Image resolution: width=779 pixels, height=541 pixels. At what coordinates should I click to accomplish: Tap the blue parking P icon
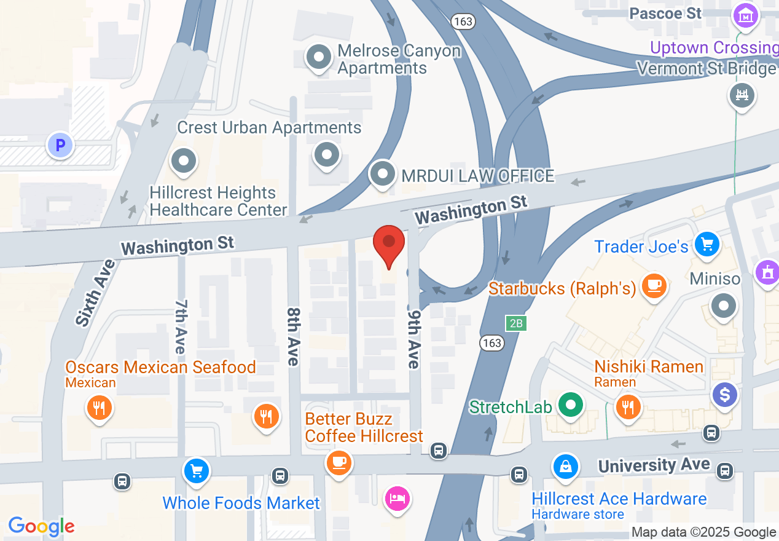pyautogui.click(x=60, y=146)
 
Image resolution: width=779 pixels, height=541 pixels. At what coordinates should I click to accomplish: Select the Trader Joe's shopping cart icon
pyautogui.click(x=707, y=245)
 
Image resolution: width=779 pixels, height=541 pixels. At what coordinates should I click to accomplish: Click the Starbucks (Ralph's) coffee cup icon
pyautogui.click(x=654, y=286)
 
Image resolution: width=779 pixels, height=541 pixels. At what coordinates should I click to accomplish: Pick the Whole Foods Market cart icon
pyautogui.click(x=197, y=472)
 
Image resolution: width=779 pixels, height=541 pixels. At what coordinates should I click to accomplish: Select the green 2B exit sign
pyautogui.click(x=517, y=323)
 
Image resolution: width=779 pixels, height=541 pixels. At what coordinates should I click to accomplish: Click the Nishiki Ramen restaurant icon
pyautogui.click(x=627, y=406)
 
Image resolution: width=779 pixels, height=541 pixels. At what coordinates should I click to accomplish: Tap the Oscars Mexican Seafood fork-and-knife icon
pyautogui.click(x=99, y=407)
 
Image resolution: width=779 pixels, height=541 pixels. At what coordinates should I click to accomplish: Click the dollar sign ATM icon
pyautogui.click(x=725, y=394)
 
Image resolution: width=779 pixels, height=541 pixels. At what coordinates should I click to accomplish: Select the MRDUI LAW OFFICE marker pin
pyautogui.click(x=383, y=174)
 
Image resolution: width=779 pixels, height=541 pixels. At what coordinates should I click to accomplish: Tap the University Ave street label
pyautogui.click(x=654, y=465)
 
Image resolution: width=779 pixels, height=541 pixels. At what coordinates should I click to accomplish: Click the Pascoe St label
pyautogui.click(x=665, y=13)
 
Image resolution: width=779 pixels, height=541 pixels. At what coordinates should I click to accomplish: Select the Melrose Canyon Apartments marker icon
pyautogui.click(x=319, y=58)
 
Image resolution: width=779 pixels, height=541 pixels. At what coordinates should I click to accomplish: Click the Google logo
pyautogui.click(x=41, y=526)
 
